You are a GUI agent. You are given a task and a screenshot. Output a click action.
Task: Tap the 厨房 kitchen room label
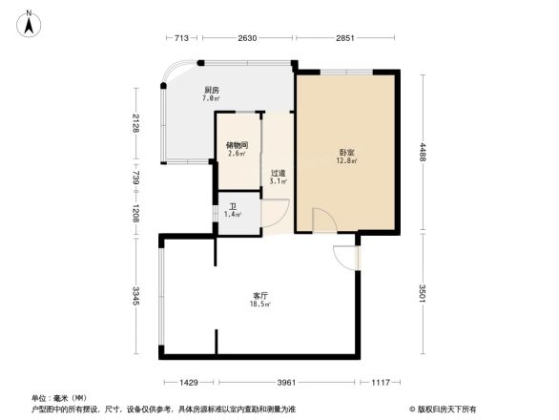211,90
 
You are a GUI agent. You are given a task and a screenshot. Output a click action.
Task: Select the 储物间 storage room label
237,145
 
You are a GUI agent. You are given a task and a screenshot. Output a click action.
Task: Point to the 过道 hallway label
278,174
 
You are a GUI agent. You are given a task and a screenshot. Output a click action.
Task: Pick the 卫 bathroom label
232,207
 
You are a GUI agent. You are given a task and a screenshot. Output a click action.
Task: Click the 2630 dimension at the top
247,39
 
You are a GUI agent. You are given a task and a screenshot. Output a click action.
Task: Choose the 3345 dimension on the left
137,297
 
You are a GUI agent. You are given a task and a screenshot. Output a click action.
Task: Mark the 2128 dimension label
137,123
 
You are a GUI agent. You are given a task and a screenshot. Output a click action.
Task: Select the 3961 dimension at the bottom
287,383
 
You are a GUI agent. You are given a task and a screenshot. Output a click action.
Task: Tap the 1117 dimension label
381,383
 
